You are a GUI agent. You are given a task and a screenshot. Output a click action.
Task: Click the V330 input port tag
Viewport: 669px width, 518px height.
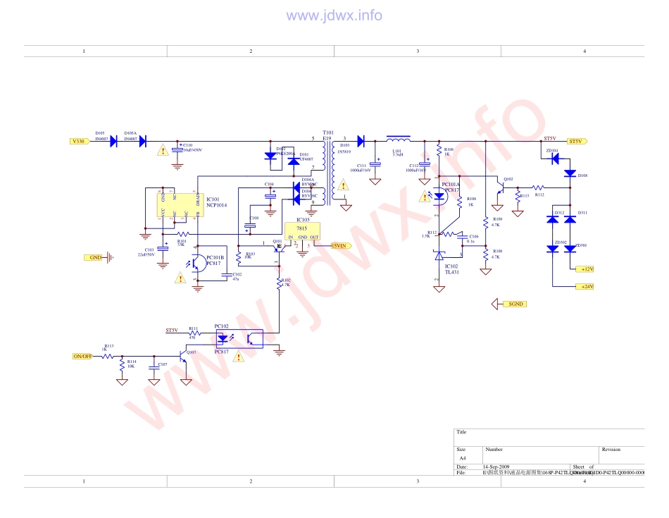click(79, 141)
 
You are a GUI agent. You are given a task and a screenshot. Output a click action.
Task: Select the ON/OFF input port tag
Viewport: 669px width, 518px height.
click(82, 356)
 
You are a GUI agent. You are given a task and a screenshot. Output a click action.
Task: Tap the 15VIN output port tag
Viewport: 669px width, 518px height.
click(339, 246)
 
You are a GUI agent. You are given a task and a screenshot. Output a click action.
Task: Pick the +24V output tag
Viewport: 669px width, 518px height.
click(585, 286)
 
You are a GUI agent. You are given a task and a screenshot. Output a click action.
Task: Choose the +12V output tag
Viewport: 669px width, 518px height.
click(585, 269)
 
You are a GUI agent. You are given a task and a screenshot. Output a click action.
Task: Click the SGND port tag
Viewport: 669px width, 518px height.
click(515, 304)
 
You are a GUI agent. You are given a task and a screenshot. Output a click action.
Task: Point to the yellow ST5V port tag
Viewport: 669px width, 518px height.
click(576, 141)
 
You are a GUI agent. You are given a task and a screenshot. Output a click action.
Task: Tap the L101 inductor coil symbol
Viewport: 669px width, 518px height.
click(399, 139)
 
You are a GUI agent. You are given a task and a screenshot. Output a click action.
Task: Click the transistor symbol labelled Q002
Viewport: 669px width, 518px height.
click(500, 188)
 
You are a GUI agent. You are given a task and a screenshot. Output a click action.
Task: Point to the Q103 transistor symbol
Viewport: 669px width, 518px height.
click(184, 357)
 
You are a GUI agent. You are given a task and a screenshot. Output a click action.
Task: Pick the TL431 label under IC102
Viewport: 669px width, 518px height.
click(451, 271)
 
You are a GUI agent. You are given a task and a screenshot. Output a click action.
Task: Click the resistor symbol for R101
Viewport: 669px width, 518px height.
click(183, 234)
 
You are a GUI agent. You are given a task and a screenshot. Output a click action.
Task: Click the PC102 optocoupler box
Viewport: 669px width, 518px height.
click(239, 339)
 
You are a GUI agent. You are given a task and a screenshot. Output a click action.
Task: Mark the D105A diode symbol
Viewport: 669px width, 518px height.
click(142, 141)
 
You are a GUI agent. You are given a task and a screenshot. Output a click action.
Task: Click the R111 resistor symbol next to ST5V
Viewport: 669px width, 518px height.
click(194, 333)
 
